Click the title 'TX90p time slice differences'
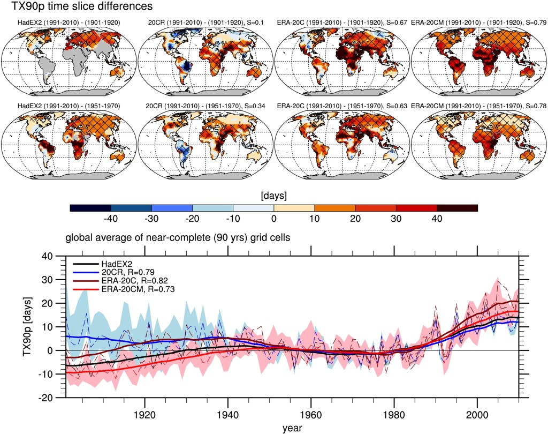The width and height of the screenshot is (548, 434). (78, 6)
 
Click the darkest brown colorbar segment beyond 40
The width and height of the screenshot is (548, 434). (457, 207)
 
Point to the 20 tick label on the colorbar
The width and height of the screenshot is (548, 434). (355, 219)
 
